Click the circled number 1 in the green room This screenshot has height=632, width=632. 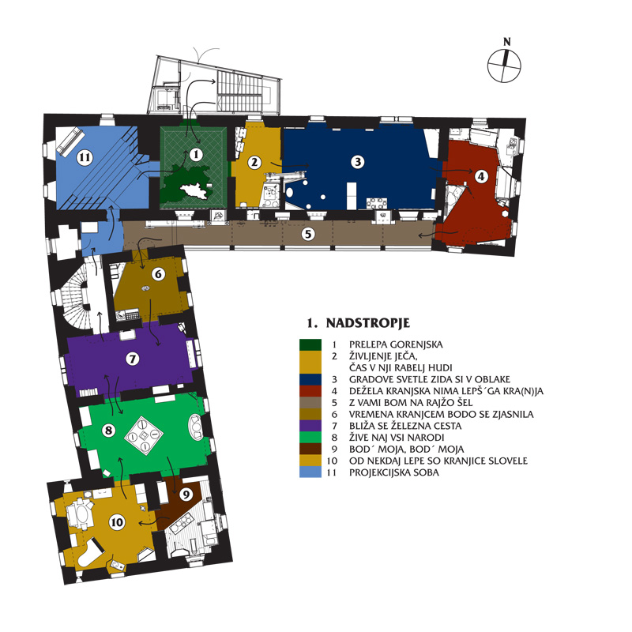pos(196,154)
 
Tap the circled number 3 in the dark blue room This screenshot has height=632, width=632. pos(358,162)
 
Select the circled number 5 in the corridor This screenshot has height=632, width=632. pos(308,234)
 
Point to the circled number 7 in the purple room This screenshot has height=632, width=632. pos(133,359)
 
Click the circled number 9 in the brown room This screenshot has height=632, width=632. pos(186,495)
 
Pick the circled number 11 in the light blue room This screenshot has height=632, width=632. pos(85,156)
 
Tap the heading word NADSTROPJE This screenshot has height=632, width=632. pos(367,323)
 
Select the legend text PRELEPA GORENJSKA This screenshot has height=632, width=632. pos(396,344)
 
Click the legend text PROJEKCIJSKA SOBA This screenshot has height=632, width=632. pos(393,472)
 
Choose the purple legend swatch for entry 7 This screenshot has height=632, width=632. pos(310,426)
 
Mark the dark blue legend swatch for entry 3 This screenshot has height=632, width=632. pos(310,379)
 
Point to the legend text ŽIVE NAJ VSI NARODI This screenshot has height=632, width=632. pos(397,438)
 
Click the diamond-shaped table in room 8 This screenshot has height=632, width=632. pos(144,435)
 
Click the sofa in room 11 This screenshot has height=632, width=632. pos(70,141)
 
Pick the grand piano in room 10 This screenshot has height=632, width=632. pos(90,551)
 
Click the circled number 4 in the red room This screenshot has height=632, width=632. pos(481,176)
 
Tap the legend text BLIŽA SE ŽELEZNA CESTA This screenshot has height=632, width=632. pos(405,426)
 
